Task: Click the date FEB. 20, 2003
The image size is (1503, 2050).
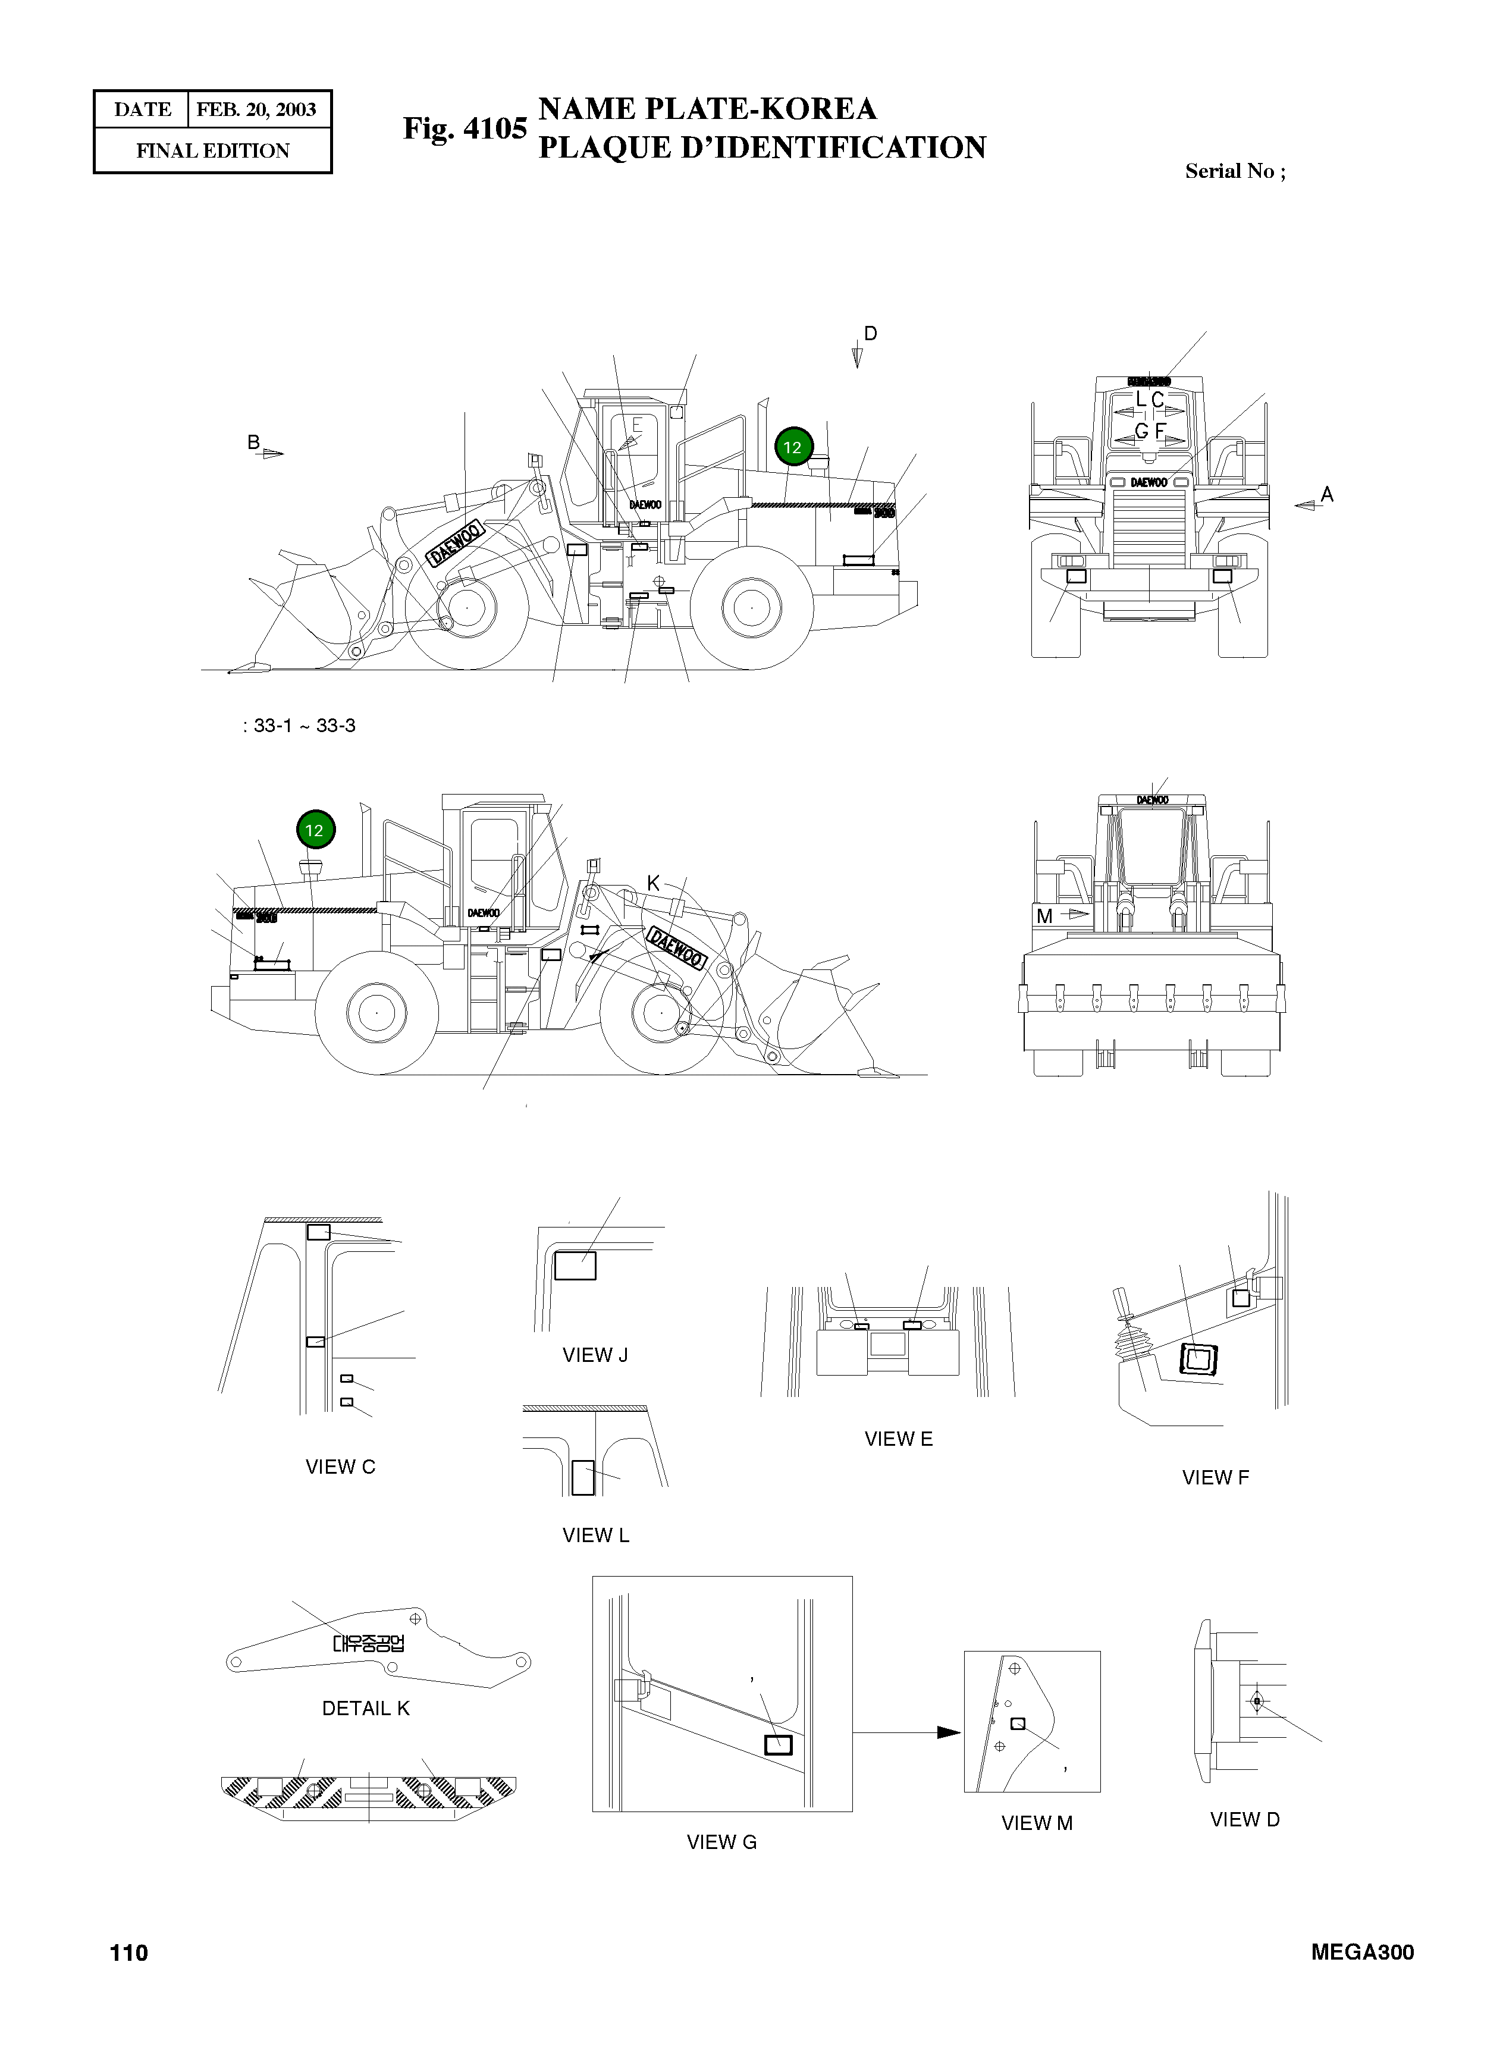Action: (x=256, y=110)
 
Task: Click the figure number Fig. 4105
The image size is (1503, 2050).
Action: (x=465, y=128)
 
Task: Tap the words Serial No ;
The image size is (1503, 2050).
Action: (x=1235, y=171)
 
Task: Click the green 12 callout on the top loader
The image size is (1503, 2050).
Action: (x=792, y=447)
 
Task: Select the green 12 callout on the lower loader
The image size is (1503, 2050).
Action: (x=315, y=830)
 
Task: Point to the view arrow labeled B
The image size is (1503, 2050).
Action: (x=272, y=452)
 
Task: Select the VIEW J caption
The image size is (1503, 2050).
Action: (x=595, y=1355)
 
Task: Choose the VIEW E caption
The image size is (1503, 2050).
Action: (x=898, y=1439)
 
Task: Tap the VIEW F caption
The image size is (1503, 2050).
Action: (x=1216, y=1478)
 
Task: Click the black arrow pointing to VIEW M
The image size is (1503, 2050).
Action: (x=948, y=1732)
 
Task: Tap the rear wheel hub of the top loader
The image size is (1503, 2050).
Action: (x=752, y=607)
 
